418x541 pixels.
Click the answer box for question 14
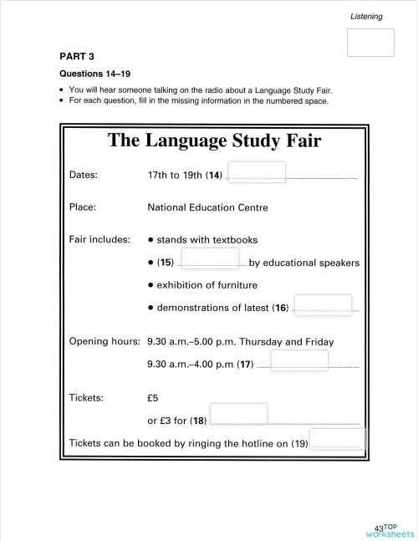point(257,172)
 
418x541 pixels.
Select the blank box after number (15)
point(210,259)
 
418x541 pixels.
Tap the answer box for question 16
point(324,305)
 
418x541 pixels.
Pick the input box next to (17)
point(299,360)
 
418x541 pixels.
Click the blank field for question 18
point(238,414)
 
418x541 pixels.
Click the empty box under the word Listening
point(370,43)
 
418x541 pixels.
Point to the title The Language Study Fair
point(214,140)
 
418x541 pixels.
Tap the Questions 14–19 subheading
point(93,74)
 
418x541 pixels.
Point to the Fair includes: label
point(99,239)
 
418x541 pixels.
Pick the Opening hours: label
point(104,341)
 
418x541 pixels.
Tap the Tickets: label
point(85,397)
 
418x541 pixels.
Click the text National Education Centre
point(207,206)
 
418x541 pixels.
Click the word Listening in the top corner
point(366,16)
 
